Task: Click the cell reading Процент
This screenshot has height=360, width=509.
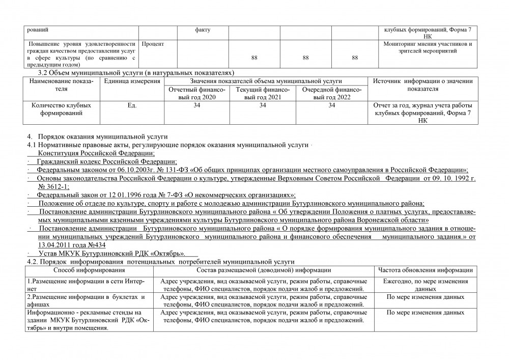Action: pyautogui.click(x=153, y=44)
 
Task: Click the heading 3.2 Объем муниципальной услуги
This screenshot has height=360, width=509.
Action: pyautogui.click(x=136, y=73)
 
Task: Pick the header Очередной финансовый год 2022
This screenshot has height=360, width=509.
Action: pyautogui.click(x=332, y=93)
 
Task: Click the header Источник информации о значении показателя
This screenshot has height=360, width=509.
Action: pyautogui.click(x=423, y=85)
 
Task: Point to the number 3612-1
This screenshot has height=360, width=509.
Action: pyautogui.click(x=56, y=186)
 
